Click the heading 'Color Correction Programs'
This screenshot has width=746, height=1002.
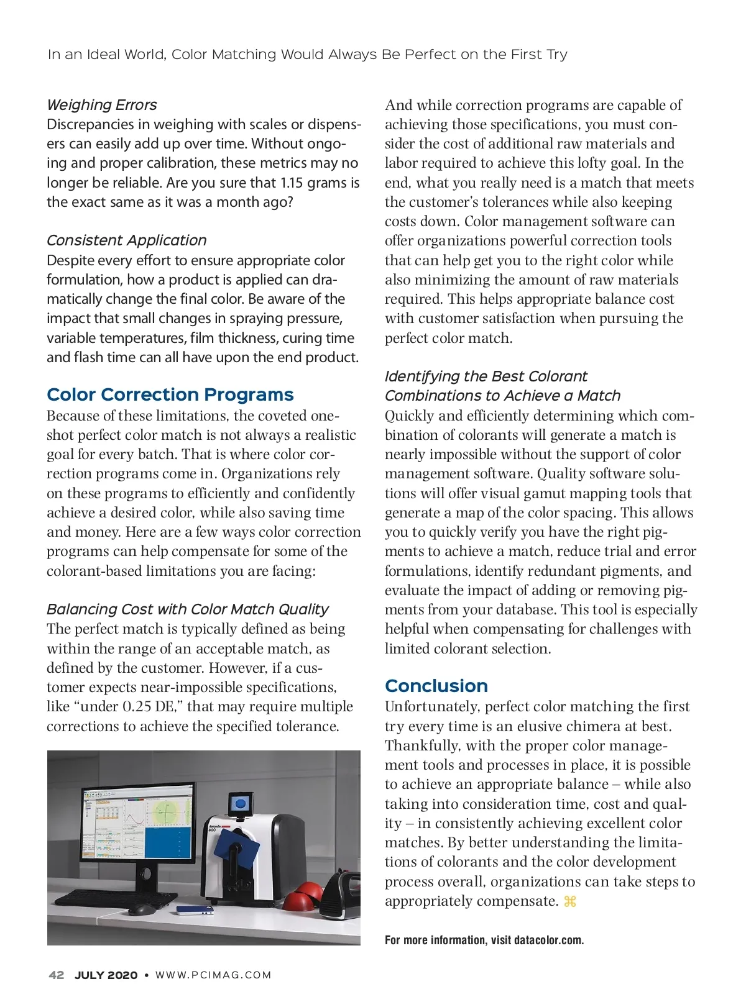click(x=170, y=395)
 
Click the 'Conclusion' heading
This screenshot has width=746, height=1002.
click(x=436, y=686)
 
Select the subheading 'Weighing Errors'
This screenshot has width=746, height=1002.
click(x=101, y=105)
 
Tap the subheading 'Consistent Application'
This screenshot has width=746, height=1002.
click(x=126, y=240)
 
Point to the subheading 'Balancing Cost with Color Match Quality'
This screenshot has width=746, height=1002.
click(x=187, y=609)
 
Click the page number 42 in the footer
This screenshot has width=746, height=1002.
click(x=56, y=975)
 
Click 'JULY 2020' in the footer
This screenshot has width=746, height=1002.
click(x=106, y=975)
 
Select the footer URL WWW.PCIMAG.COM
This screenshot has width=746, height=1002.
click(x=213, y=975)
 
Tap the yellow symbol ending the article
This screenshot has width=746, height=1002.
click(x=569, y=901)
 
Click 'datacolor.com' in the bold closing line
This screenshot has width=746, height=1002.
click(x=548, y=940)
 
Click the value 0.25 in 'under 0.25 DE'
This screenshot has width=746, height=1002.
click(x=138, y=707)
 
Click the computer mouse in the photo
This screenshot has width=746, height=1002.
click(x=141, y=909)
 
